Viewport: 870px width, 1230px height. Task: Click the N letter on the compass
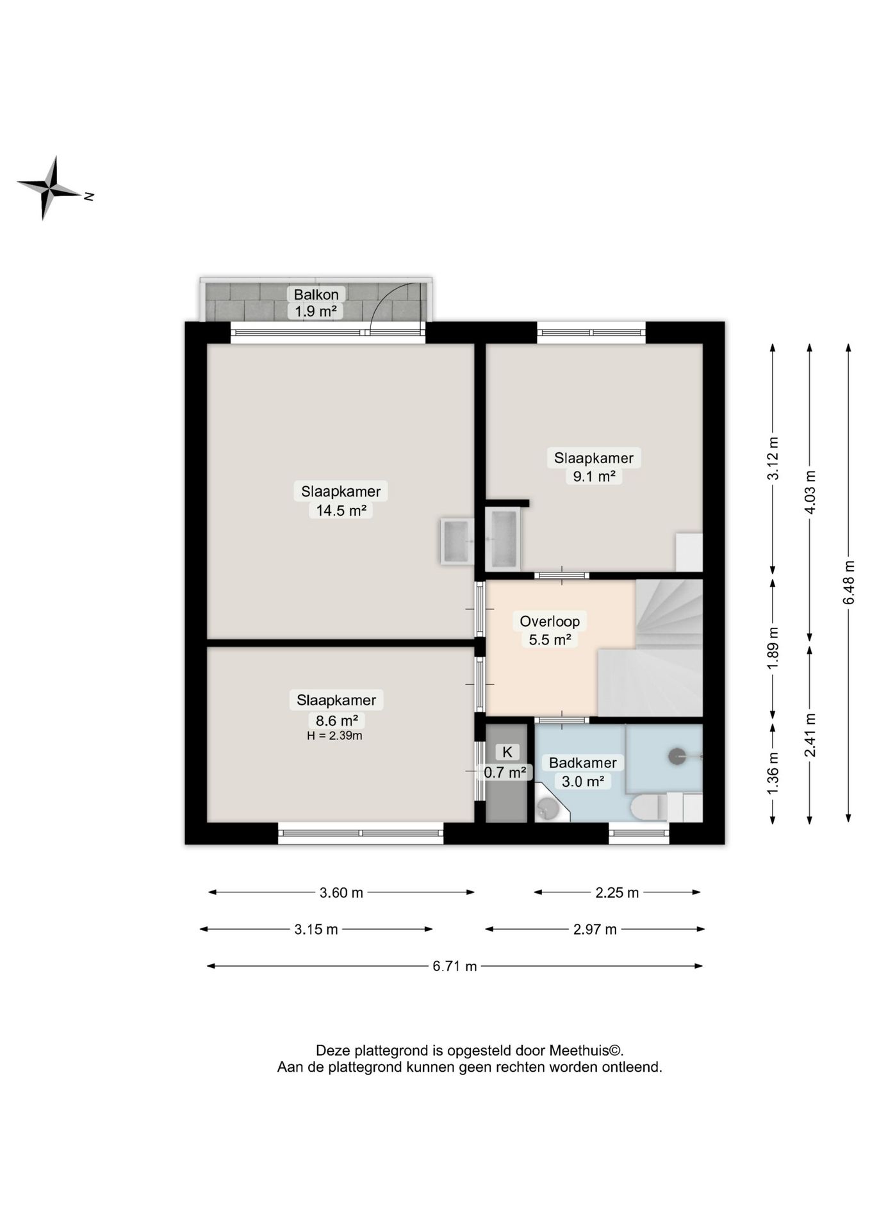tap(89, 197)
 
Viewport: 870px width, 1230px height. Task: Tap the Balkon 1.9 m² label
tap(316, 303)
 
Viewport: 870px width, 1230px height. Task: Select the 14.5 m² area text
tap(341, 510)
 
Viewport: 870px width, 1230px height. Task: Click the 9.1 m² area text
tap(594, 476)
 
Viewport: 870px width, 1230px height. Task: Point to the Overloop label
tap(550, 621)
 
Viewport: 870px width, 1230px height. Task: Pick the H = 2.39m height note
tap(334, 735)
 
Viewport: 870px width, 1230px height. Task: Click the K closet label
tap(507, 752)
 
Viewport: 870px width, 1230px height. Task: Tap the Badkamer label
tap(582, 762)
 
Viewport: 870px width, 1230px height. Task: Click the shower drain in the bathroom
tap(678, 756)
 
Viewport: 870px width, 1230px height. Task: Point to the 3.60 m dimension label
tap(341, 892)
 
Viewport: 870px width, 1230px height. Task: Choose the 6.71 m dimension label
tap(455, 966)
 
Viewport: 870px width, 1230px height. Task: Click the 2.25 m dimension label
tap(617, 892)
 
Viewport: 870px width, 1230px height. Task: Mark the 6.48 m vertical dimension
tap(849, 582)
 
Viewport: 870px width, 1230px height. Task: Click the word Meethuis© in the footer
tap(586, 1051)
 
